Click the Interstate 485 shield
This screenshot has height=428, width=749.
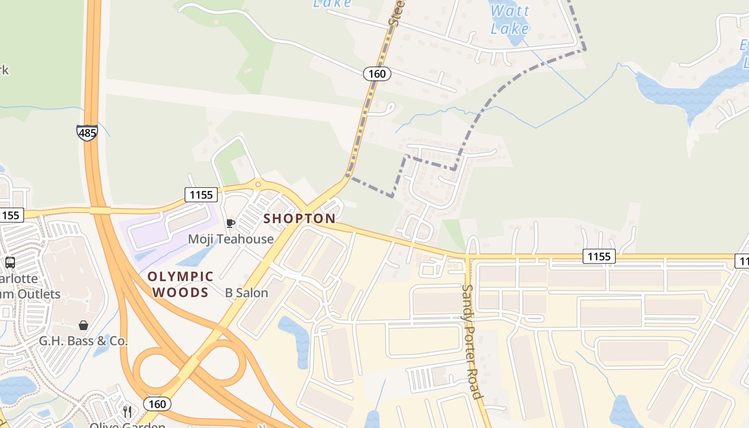(x=87, y=132)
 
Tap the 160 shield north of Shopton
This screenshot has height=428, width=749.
(x=377, y=74)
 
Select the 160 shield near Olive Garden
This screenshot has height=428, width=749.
(x=157, y=404)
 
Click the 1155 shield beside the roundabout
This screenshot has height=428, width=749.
(x=201, y=195)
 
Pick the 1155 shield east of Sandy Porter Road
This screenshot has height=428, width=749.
(x=599, y=257)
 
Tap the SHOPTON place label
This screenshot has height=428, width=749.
(x=300, y=219)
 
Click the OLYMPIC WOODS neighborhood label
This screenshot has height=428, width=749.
(x=181, y=285)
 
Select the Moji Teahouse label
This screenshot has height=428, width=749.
(x=231, y=239)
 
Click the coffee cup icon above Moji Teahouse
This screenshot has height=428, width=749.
(x=231, y=223)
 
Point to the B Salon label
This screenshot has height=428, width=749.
(x=247, y=293)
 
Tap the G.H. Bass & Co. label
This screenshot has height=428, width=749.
(x=83, y=341)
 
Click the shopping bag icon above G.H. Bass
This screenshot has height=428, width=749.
(x=83, y=325)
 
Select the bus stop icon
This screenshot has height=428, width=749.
(x=10, y=263)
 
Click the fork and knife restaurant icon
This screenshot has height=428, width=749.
(x=127, y=411)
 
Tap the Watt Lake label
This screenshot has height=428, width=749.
(x=510, y=19)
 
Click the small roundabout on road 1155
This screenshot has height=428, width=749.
(x=258, y=185)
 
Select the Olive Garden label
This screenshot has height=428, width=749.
(x=127, y=425)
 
